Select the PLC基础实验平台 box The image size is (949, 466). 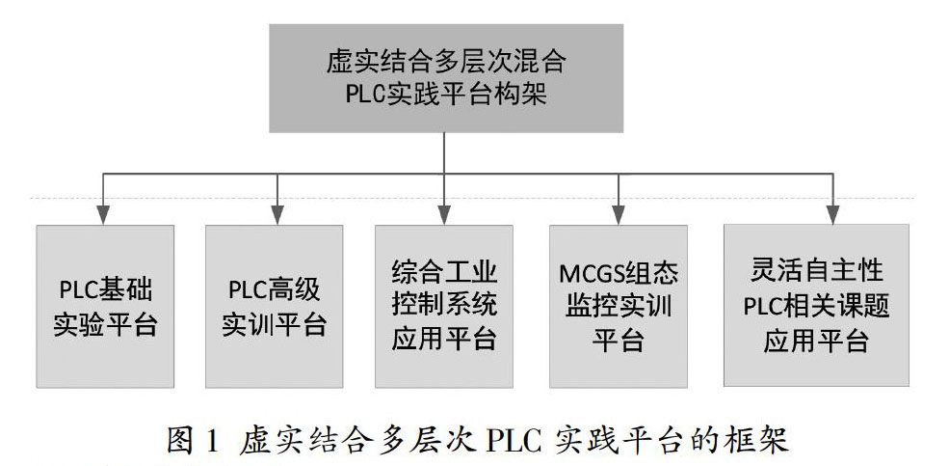105,306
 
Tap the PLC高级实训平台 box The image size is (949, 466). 275,306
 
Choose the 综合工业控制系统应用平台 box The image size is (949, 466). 443,306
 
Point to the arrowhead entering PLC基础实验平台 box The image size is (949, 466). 106,215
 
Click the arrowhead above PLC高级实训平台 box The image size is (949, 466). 276,215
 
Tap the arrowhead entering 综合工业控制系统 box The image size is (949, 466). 444,215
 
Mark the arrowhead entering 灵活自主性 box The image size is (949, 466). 834,215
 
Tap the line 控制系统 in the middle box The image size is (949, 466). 444,306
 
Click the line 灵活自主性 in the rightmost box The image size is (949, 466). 815,270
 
